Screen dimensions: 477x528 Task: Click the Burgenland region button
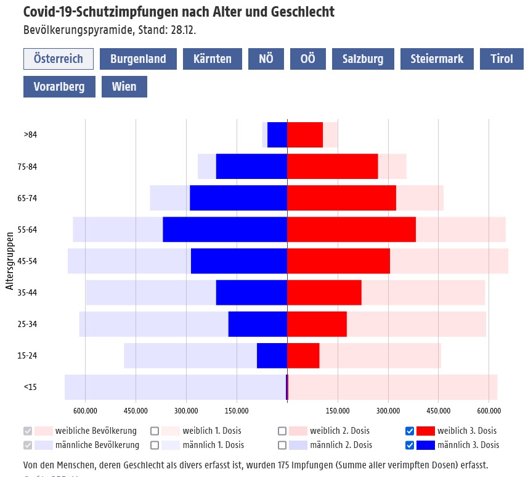(x=138, y=59)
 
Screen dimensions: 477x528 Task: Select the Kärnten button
(x=213, y=59)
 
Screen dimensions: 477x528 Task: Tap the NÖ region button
(x=266, y=59)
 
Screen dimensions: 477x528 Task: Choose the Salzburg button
(x=363, y=59)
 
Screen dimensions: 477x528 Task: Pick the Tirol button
(x=502, y=59)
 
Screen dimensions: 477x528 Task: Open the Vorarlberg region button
(x=59, y=86)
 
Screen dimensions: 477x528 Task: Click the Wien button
(x=124, y=86)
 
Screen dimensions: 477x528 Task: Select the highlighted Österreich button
(x=59, y=59)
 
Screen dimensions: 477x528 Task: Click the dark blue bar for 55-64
(x=225, y=230)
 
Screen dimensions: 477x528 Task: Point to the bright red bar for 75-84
(x=333, y=167)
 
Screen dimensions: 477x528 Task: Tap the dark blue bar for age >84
(x=277, y=135)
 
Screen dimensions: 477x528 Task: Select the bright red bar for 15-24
(x=303, y=355)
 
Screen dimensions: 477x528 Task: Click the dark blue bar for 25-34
(x=258, y=324)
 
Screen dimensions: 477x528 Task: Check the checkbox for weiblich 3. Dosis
(x=410, y=431)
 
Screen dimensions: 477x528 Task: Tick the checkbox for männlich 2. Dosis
(x=283, y=445)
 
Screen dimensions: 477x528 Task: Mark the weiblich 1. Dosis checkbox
(x=155, y=431)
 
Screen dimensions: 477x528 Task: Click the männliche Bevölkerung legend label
(x=97, y=445)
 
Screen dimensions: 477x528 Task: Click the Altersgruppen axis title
(x=10, y=261)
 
